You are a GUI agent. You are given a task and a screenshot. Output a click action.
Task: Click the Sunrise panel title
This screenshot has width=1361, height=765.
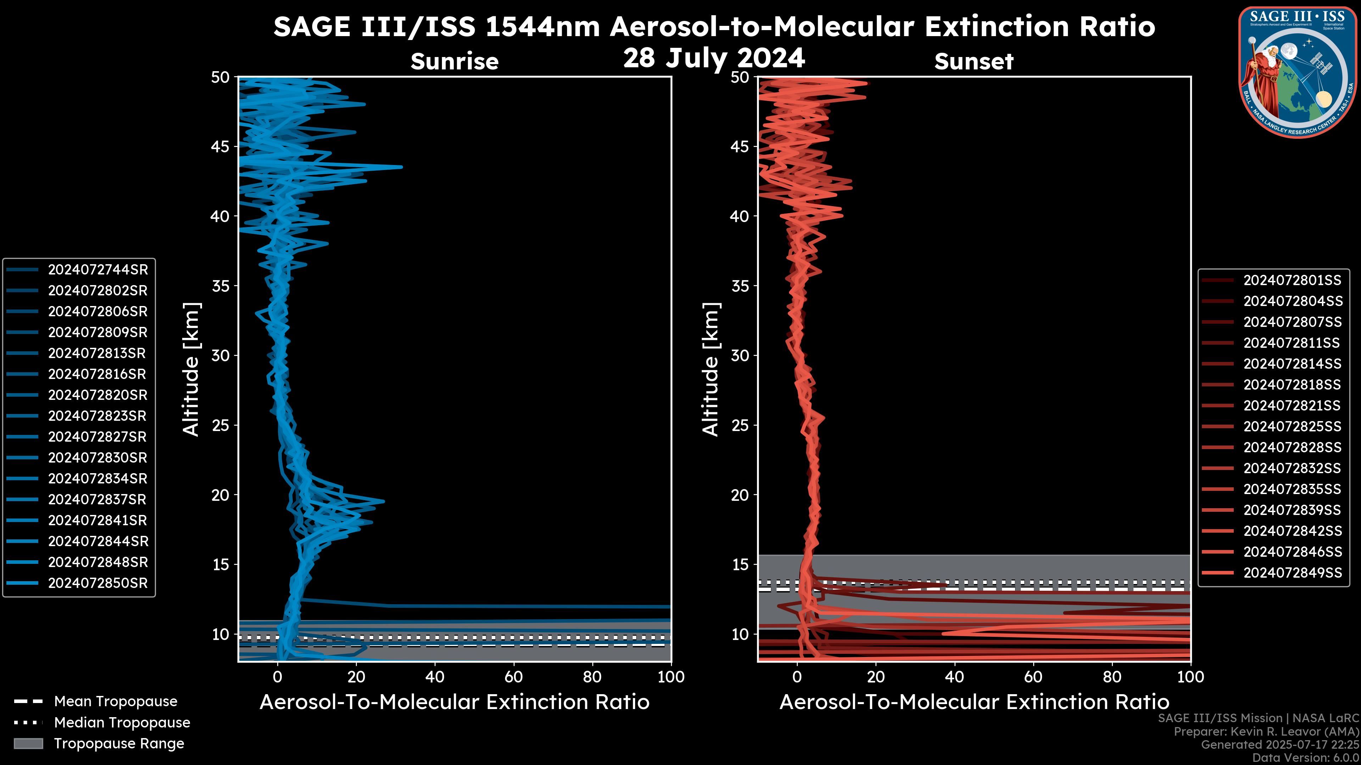[454, 61]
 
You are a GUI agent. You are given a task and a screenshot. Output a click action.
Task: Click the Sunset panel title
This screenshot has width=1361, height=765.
[974, 61]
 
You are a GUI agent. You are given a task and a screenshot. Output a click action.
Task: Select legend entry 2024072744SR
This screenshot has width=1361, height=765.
[98, 270]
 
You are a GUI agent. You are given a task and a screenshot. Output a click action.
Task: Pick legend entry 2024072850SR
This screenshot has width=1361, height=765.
[98, 583]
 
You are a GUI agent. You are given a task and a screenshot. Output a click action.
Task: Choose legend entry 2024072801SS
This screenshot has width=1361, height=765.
[1292, 280]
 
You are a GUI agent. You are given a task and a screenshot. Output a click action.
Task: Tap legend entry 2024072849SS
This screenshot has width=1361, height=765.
[1292, 573]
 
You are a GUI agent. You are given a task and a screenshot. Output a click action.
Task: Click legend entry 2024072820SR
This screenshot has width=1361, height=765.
[98, 395]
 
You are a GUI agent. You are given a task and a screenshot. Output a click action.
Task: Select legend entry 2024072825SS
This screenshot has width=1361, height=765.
[1292, 426]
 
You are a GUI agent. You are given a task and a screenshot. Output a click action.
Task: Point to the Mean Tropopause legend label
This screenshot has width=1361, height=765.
[116, 702]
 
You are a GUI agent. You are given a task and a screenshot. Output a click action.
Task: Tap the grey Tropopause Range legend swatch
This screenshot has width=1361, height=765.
[28, 743]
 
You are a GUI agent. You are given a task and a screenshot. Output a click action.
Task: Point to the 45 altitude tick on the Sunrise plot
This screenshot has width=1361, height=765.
[221, 147]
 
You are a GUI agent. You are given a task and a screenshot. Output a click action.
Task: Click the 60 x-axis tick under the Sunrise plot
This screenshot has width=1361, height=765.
[514, 677]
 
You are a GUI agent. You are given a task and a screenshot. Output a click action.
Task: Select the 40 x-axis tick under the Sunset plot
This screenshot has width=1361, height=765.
[954, 677]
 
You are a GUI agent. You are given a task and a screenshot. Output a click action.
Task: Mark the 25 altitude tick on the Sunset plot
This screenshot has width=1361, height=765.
[740, 425]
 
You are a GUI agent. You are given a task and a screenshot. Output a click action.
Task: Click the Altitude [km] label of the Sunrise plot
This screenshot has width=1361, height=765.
[191, 369]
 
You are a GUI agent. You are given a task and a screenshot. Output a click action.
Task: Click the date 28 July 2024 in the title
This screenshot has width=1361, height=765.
[714, 58]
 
